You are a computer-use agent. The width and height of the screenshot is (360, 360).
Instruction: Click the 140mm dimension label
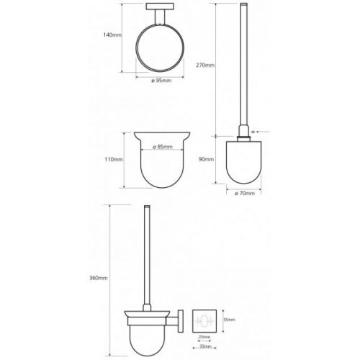[x=112, y=35]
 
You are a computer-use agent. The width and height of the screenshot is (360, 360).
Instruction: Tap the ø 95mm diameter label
[x=161, y=81]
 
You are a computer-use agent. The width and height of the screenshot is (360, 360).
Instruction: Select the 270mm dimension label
[x=205, y=65]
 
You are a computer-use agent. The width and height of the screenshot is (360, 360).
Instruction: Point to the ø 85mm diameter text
[x=163, y=147]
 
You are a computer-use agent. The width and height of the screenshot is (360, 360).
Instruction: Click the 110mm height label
[x=114, y=159]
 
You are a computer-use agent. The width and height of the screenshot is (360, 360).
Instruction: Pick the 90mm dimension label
[x=206, y=159]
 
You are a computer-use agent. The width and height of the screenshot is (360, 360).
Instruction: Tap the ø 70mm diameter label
[x=244, y=193]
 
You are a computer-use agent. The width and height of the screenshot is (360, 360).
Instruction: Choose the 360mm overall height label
[x=99, y=278]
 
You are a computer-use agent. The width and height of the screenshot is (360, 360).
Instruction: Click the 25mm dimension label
[x=204, y=337]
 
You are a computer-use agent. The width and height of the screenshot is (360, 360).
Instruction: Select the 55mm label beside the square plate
[x=230, y=320]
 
